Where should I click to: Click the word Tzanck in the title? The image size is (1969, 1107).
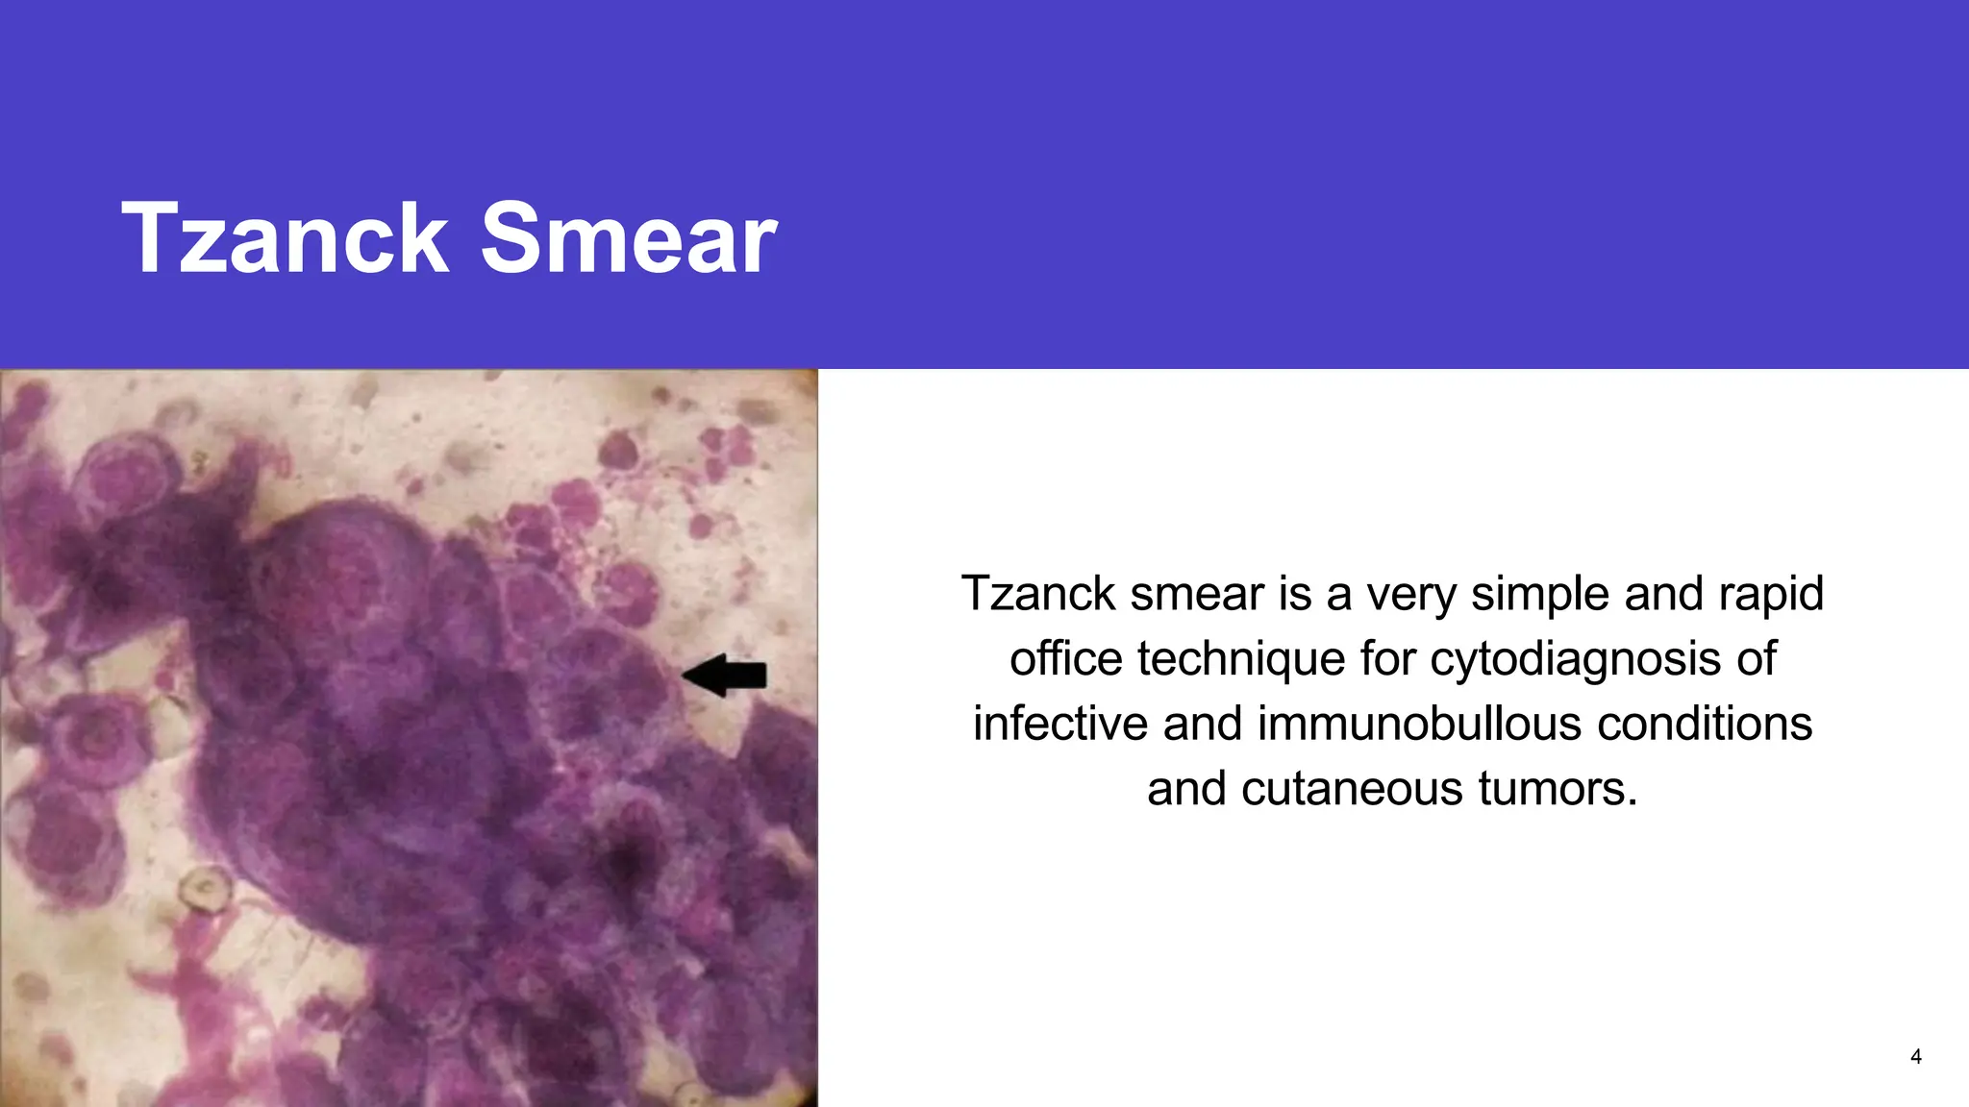285,238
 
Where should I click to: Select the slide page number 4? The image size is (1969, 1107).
1915,1057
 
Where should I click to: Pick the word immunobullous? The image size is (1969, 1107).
1419,724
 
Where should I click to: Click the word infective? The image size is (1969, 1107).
1059,724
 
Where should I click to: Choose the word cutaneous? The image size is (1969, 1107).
1352,789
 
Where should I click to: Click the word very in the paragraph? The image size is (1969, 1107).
1411,594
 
